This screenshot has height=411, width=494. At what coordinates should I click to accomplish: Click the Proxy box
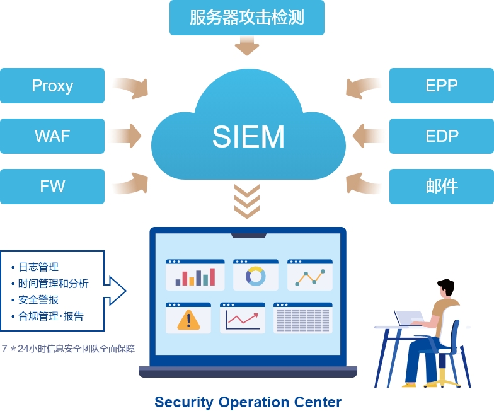(x=52, y=86)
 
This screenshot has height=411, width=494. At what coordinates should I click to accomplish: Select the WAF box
(x=52, y=136)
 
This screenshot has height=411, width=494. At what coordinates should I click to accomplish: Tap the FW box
(x=52, y=187)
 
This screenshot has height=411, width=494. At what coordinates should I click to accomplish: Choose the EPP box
(x=441, y=86)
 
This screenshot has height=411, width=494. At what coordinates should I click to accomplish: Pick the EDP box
(x=441, y=136)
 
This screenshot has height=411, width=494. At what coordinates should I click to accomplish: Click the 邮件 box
(x=441, y=187)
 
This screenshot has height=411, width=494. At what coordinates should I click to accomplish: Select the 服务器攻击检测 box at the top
(x=247, y=18)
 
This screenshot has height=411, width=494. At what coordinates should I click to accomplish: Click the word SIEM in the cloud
(x=248, y=137)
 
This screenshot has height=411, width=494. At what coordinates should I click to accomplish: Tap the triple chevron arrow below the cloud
(x=247, y=200)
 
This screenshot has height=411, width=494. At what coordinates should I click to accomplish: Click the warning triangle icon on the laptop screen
(x=188, y=320)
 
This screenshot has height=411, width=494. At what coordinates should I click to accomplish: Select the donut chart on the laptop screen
(x=256, y=276)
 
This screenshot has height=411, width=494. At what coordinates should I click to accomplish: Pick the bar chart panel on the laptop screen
(x=195, y=275)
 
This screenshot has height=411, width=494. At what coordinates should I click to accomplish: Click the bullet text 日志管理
(x=38, y=267)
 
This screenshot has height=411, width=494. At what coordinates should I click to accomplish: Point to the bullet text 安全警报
(x=38, y=300)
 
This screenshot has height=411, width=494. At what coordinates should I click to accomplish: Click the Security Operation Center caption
(x=248, y=402)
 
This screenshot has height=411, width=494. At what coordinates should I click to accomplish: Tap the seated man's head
(x=445, y=289)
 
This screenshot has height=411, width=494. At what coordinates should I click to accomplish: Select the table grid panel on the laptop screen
(x=302, y=319)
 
